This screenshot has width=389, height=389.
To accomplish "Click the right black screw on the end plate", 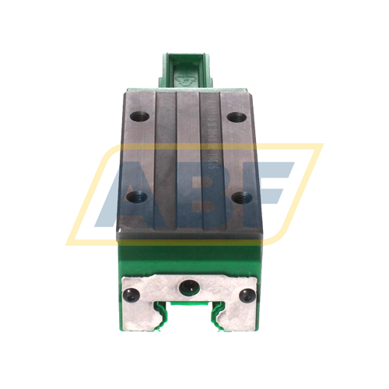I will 248,295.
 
